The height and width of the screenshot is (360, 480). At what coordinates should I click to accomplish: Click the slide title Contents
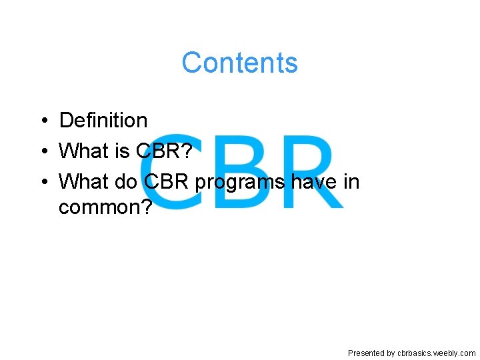(x=239, y=63)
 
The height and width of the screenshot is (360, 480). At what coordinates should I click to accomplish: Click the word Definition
(x=103, y=120)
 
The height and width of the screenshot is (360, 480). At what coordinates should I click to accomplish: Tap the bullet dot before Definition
(x=42, y=121)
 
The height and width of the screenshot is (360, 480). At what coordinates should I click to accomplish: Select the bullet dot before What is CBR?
(x=42, y=151)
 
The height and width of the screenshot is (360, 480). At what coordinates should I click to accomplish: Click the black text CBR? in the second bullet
(x=165, y=151)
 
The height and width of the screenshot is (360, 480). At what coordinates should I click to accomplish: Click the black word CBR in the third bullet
(x=168, y=181)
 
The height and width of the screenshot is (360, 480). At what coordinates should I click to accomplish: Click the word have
(x=313, y=181)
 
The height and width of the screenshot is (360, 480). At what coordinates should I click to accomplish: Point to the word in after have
(x=351, y=181)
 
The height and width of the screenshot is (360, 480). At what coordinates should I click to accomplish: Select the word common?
(x=105, y=208)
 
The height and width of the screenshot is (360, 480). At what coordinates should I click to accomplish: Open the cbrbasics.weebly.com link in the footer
(x=436, y=353)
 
